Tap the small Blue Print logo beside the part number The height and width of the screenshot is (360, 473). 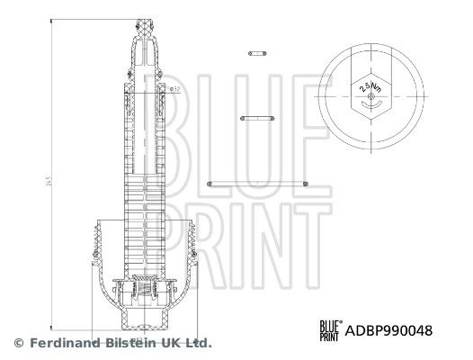pyautogui.click(x=330, y=329)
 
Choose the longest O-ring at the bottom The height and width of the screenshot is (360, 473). pyautogui.click(x=257, y=184)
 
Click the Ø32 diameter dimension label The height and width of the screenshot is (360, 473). pyautogui.click(x=175, y=89)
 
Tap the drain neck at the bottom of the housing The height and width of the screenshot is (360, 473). pyautogui.click(x=147, y=324)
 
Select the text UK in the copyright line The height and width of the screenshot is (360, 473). pyautogui.click(x=171, y=343)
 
